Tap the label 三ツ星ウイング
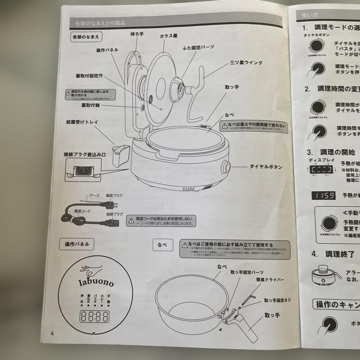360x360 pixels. [x=246, y=63]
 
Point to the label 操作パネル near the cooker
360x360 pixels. [x=107, y=50]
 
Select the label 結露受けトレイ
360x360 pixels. [x=82, y=122]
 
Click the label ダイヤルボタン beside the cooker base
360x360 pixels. [x=266, y=167]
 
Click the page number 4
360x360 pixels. [x=52, y=333]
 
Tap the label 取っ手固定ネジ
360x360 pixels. [x=277, y=300]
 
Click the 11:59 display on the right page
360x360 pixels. [x=323, y=195]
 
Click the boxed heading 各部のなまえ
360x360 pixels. [x=86, y=37]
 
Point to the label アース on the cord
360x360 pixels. [x=94, y=196]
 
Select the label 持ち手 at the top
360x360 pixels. [x=137, y=34]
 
